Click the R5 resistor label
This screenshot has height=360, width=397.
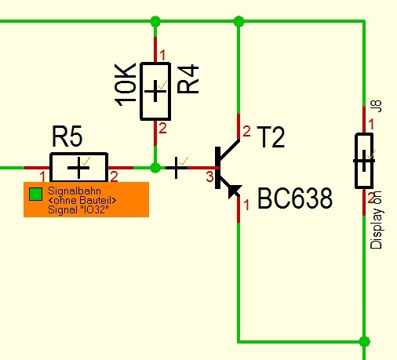[x=67, y=136]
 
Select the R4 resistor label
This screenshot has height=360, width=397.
[x=188, y=79]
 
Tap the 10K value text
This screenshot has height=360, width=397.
[x=126, y=85]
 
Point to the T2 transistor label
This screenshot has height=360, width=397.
[x=271, y=137]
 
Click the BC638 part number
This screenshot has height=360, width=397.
[x=295, y=198]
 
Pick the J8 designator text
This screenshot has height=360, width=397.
[x=377, y=107]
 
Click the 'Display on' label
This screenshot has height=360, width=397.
[x=377, y=220]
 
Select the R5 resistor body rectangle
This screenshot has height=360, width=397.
[x=78, y=167]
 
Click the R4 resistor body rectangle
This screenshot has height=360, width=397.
[x=155, y=91]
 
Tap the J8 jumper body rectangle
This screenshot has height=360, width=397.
[x=364, y=161]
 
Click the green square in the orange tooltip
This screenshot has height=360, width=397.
[x=35, y=195]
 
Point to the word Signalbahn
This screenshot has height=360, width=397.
[x=75, y=191]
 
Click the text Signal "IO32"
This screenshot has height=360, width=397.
[x=78, y=210]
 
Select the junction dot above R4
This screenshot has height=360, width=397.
[x=155, y=21]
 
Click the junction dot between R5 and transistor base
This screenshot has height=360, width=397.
[x=155, y=168]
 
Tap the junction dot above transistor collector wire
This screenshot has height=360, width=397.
[x=239, y=21]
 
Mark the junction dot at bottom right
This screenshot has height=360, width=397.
[x=364, y=341]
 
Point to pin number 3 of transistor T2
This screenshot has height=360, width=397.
[x=209, y=176]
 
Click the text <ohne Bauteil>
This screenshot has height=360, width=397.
[x=82, y=201]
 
